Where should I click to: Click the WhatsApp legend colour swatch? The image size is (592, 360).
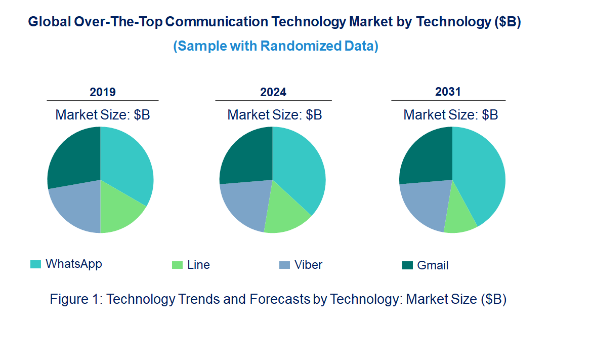(35, 264)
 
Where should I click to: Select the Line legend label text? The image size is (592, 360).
(198, 265)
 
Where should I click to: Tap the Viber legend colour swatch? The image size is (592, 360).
(284, 265)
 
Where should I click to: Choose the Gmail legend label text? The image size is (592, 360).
(433, 266)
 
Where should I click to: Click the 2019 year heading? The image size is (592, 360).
(103, 92)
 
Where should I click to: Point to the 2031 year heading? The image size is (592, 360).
(448, 92)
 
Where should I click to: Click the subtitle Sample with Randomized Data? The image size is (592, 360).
(276, 46)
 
